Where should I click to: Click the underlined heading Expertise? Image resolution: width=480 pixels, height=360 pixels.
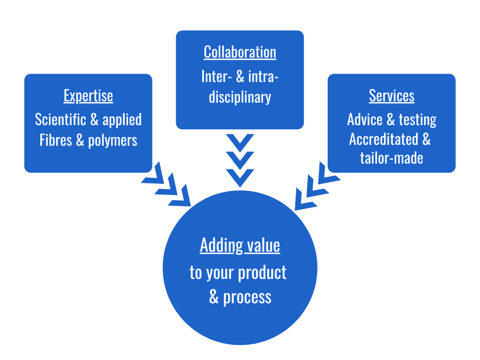point(88,96)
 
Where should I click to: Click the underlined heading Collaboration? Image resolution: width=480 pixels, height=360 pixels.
point(240,52)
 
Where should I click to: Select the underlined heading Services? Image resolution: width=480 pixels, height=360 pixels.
point(391,96)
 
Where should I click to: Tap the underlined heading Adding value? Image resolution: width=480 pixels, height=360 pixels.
point(240,245)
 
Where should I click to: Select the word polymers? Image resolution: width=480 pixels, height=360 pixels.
point(112,141)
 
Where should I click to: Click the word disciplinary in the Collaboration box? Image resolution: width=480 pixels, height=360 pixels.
point(240,97)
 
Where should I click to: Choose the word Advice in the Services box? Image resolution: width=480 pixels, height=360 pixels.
point(365,120)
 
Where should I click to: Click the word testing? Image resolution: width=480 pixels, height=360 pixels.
point(417,120)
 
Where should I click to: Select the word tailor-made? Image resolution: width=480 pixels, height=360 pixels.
point(391,158)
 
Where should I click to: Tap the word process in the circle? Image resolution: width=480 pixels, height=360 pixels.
point(247,297)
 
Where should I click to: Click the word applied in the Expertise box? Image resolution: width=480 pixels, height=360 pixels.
point(122,120)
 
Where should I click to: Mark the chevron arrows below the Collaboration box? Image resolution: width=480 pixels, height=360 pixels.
point(240,160)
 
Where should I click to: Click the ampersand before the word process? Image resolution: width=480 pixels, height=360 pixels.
point(214,297)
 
